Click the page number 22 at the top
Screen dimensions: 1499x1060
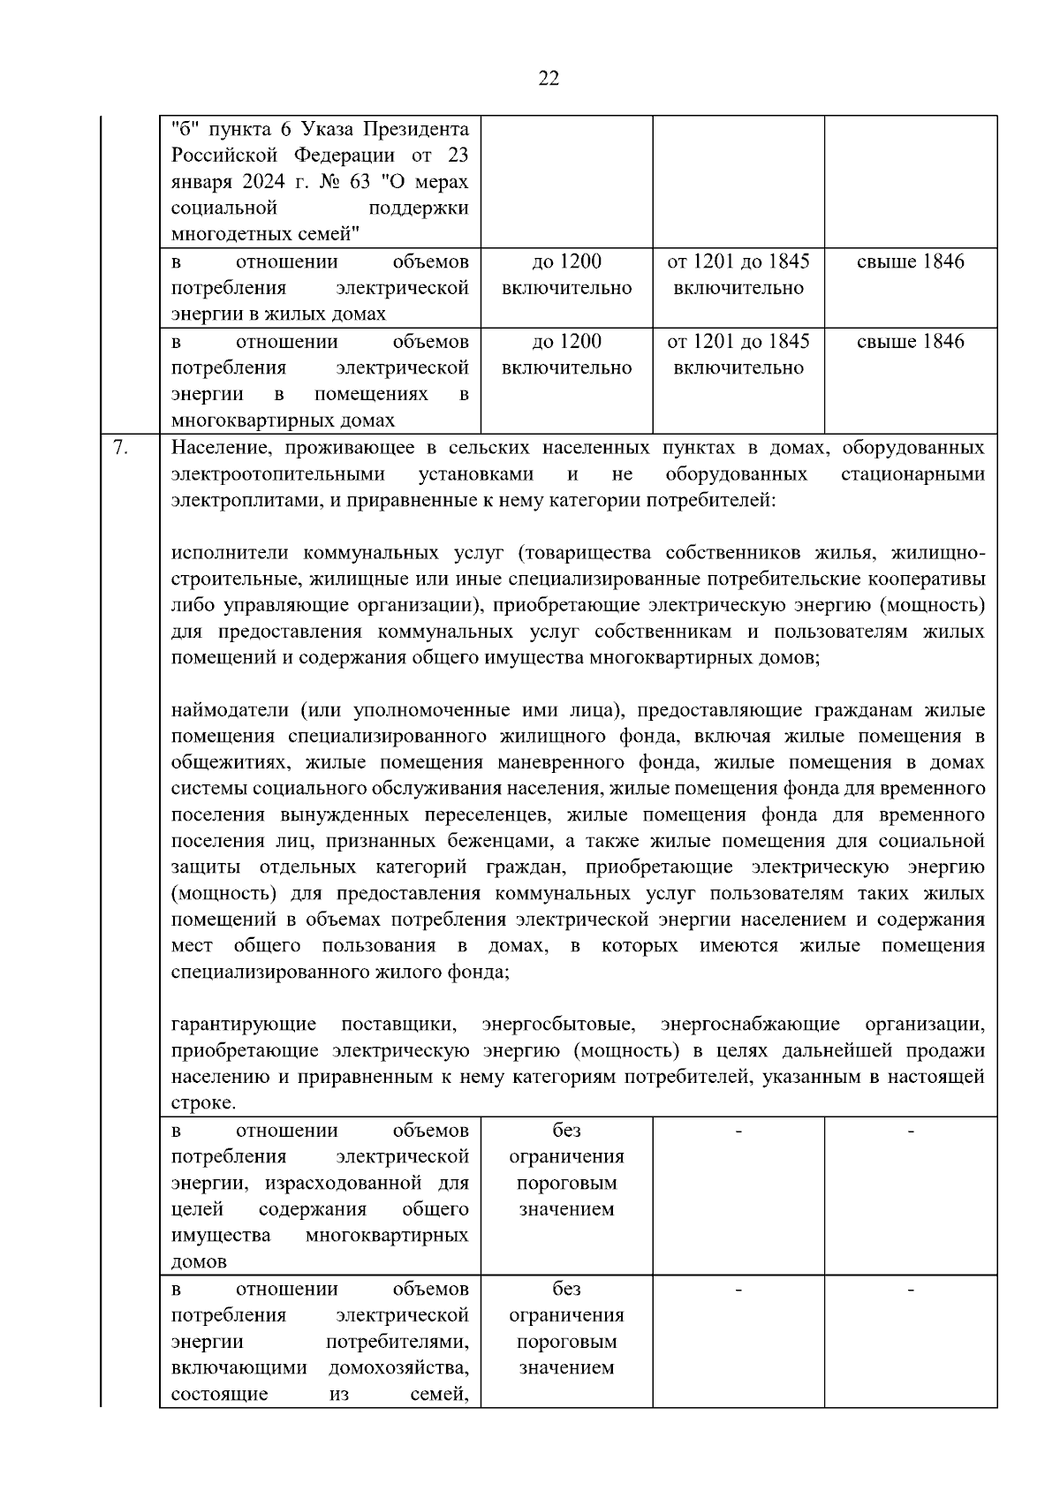coord(548,79)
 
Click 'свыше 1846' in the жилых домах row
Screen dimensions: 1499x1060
coord(911,262)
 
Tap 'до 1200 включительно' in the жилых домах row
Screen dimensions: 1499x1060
coord(566,275)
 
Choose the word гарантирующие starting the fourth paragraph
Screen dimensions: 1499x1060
coord(244,1025)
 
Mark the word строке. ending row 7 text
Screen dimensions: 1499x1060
coord(203,1103)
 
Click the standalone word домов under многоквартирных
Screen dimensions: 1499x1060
coord(199,1262)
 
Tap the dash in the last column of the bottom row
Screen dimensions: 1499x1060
coord(911,1291)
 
